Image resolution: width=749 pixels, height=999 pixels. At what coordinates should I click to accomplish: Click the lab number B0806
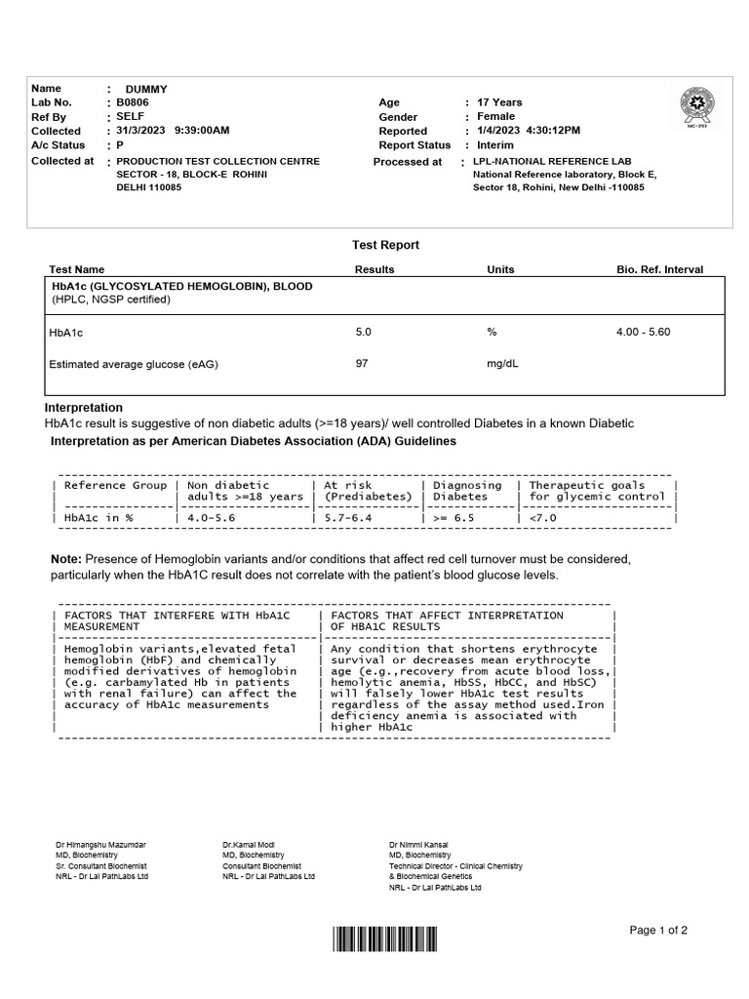click(133, 102)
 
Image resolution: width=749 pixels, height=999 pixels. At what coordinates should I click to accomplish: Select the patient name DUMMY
click(140, 89)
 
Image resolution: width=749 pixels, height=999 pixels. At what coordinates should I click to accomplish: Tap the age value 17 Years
click(499, 102)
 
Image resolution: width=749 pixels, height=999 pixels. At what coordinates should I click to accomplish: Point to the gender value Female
click(495, 116)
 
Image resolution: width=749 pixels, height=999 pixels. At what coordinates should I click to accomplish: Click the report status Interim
click(495, 145)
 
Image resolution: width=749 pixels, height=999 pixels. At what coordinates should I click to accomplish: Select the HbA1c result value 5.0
click(364, 333)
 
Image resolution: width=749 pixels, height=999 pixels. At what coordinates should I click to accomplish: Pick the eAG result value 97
click(362, 364)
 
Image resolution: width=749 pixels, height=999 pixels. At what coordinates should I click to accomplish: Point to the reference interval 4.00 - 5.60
click(643, 333)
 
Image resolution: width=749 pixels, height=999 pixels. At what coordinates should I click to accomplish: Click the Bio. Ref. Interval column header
click(659, 269)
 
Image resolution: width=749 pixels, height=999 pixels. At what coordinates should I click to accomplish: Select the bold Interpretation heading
click(84, 407)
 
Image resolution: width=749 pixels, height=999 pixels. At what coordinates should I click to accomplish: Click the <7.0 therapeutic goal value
click(542, 518)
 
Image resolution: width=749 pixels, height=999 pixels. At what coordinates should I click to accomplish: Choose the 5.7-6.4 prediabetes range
click(347, 518)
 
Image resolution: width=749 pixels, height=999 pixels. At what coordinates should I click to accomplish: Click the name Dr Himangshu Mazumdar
click(101, 844)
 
